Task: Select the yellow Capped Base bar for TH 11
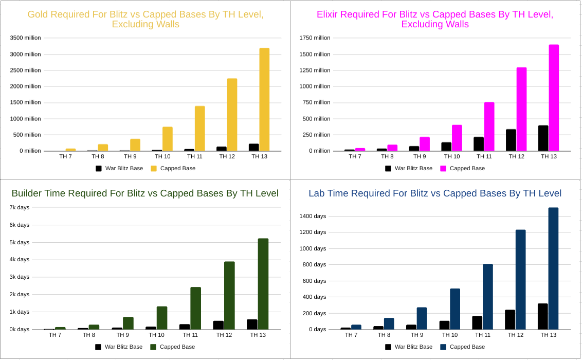click(x=199, y=129)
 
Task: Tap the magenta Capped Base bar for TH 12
click(x=521, y=109)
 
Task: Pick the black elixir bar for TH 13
click(x=543, y=138)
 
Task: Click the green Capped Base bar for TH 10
click(x=162, y=318)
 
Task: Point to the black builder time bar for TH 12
click(x=219, y=325)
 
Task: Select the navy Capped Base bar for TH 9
click(x=422, y=318)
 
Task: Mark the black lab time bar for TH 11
click(x=477, y=322)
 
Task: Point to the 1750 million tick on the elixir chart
click(x=315, y=38)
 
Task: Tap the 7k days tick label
click(x=20, y=207)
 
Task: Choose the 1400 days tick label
click(x=313, y=216)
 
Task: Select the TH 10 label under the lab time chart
click(x=449, y=335)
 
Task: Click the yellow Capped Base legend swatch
click(x=154, y=168)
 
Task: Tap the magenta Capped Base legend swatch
click(x=443, y=168)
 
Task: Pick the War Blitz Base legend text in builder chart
click(x=123, y=347)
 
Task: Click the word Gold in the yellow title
click(x=39, y=14)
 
